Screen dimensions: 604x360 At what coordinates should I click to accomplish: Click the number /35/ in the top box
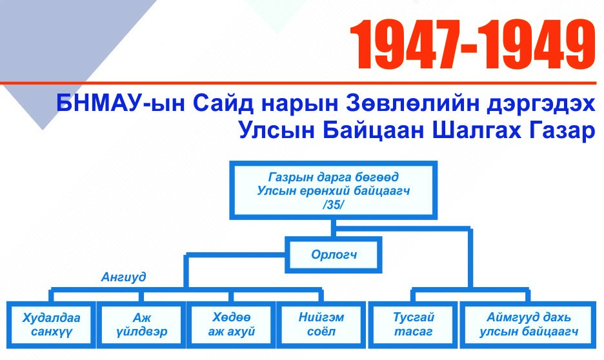tap(333, 205)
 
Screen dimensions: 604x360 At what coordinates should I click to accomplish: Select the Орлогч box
tap(334, 254)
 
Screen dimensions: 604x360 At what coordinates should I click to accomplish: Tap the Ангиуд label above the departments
tap(124, 277)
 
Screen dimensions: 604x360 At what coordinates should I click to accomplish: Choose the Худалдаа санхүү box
tap(51, 325)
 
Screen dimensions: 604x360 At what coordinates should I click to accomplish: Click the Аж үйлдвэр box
tap(141, 325)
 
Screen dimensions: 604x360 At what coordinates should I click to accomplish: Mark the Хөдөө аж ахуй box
tap(231, 325)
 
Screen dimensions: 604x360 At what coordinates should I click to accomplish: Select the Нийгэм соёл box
tap(321, 325)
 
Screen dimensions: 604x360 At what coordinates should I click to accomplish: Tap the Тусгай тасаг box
tap(413, 325)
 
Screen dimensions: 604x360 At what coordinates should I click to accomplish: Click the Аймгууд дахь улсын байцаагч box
tap(528, 325)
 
